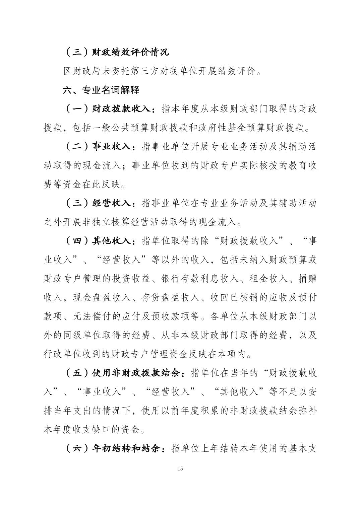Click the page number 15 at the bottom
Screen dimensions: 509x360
point(180,468)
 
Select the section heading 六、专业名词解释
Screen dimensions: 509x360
point(101,90)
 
